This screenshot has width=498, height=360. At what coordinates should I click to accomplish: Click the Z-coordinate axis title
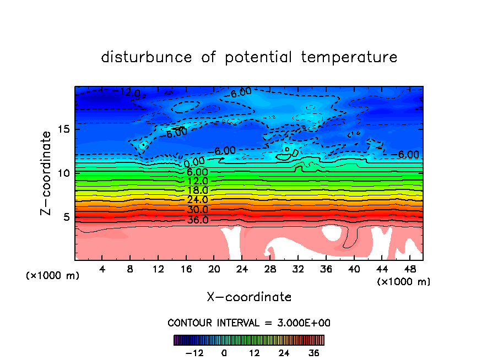pos(47,172)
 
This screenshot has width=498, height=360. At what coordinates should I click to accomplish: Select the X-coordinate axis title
pos(249,297)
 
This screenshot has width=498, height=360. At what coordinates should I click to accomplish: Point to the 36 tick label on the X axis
pos(326,270)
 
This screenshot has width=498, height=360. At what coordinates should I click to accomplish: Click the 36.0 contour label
pos(198,220)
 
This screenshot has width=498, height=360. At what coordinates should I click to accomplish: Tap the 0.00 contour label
pos(194,162)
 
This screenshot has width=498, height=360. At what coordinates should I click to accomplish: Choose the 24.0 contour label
pos(197,200)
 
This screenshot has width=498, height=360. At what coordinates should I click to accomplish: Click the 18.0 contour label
pos(197,190)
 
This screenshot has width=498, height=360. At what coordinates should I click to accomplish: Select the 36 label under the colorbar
pos(314,353)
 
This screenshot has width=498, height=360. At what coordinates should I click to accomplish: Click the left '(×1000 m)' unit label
pos(53,276)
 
